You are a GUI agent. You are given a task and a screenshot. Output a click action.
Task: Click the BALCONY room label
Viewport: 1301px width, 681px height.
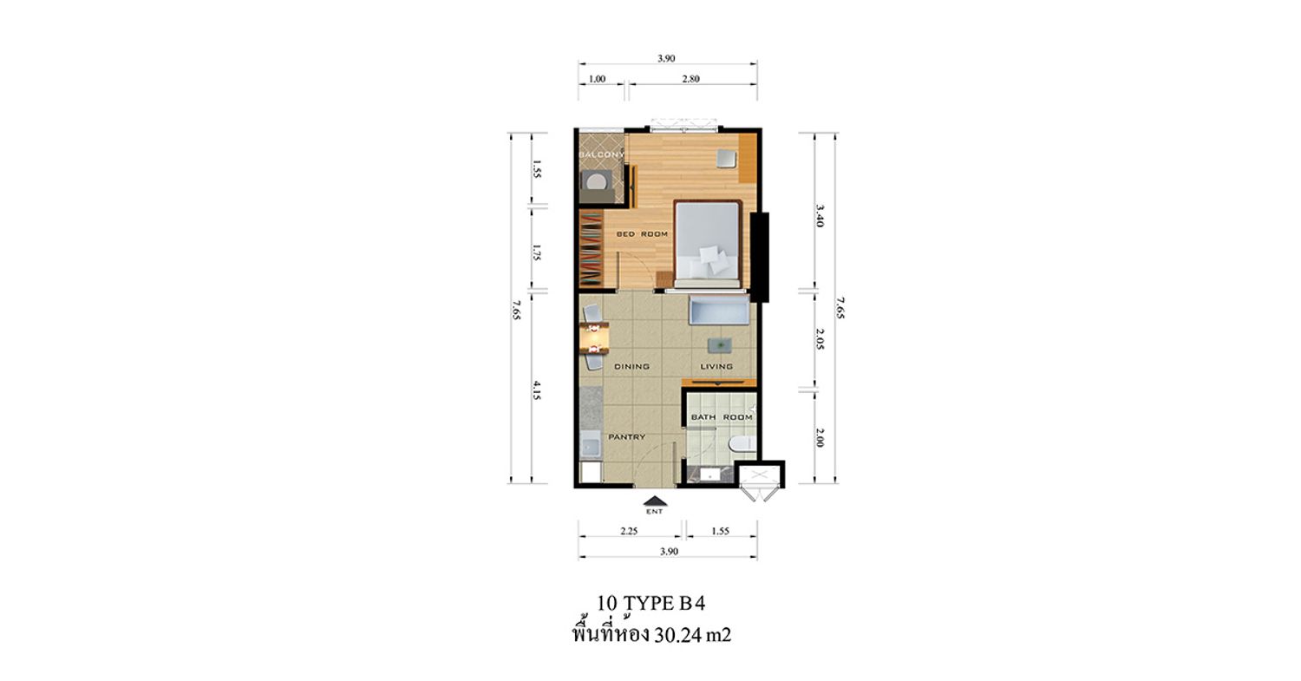[x=602, y=154]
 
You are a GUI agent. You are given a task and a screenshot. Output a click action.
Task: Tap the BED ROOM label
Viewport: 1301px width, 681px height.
[x=642, y=234]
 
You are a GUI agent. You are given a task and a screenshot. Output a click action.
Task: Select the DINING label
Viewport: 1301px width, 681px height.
[x=632, y=367]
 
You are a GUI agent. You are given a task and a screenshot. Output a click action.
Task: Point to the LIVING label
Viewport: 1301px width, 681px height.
[x=716, y=367]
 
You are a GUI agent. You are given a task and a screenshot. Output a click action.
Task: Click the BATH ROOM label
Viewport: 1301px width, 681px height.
[x=722, y=417]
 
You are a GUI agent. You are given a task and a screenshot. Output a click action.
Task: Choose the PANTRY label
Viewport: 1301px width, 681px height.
[x=627, y=437]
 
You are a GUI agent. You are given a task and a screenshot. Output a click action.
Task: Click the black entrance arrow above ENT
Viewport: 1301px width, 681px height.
[x=655, y=501]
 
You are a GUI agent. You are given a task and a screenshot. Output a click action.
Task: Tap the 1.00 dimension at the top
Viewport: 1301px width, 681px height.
[x=597, y=79]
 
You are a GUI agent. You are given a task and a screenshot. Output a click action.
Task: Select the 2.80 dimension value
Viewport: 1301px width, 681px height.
[x=690, y=79]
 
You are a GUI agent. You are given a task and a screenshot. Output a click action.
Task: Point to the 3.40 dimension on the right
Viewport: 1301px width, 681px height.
[x=820, y=215]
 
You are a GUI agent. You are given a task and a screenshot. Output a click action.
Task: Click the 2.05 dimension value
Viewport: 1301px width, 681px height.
[x=820, y=338]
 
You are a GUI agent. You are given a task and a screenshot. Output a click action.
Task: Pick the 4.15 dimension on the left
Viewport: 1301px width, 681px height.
[x=537, y=390]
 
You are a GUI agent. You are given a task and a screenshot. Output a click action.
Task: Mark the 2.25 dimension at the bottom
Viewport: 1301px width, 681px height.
[x=629, y=531]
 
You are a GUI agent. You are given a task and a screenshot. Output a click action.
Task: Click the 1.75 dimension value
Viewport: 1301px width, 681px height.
[x=537, y=252]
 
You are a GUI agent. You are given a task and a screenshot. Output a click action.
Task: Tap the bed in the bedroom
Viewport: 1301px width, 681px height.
[x=708, y=245]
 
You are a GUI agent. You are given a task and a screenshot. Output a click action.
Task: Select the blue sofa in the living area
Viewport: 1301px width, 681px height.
[x=719, y=311]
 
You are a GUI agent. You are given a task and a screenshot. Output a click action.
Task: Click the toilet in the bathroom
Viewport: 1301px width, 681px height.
[x=742, y=444]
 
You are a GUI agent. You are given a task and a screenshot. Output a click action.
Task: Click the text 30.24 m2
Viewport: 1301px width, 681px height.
[x=692, y=635]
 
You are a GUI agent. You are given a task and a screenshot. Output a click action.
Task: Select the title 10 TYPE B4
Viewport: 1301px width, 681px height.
[x=651, y=604]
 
